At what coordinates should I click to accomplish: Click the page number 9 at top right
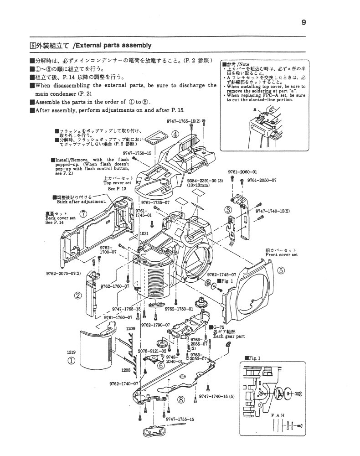point(303,22)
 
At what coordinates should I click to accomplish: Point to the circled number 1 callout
point(71,361)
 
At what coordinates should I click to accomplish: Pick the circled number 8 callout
point(181,399)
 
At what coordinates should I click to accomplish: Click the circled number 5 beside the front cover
point(281,270)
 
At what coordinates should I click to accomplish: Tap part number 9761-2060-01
point(242,172)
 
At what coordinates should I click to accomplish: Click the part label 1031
point(144,233)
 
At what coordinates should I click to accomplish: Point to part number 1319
point(71,352)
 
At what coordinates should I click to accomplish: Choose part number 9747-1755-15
point(180,419)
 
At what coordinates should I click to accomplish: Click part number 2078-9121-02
point(152,351)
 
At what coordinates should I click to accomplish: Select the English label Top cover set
point(118,182)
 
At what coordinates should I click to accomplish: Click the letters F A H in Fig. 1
point(278,415)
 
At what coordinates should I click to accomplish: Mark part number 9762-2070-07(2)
point(63,273)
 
